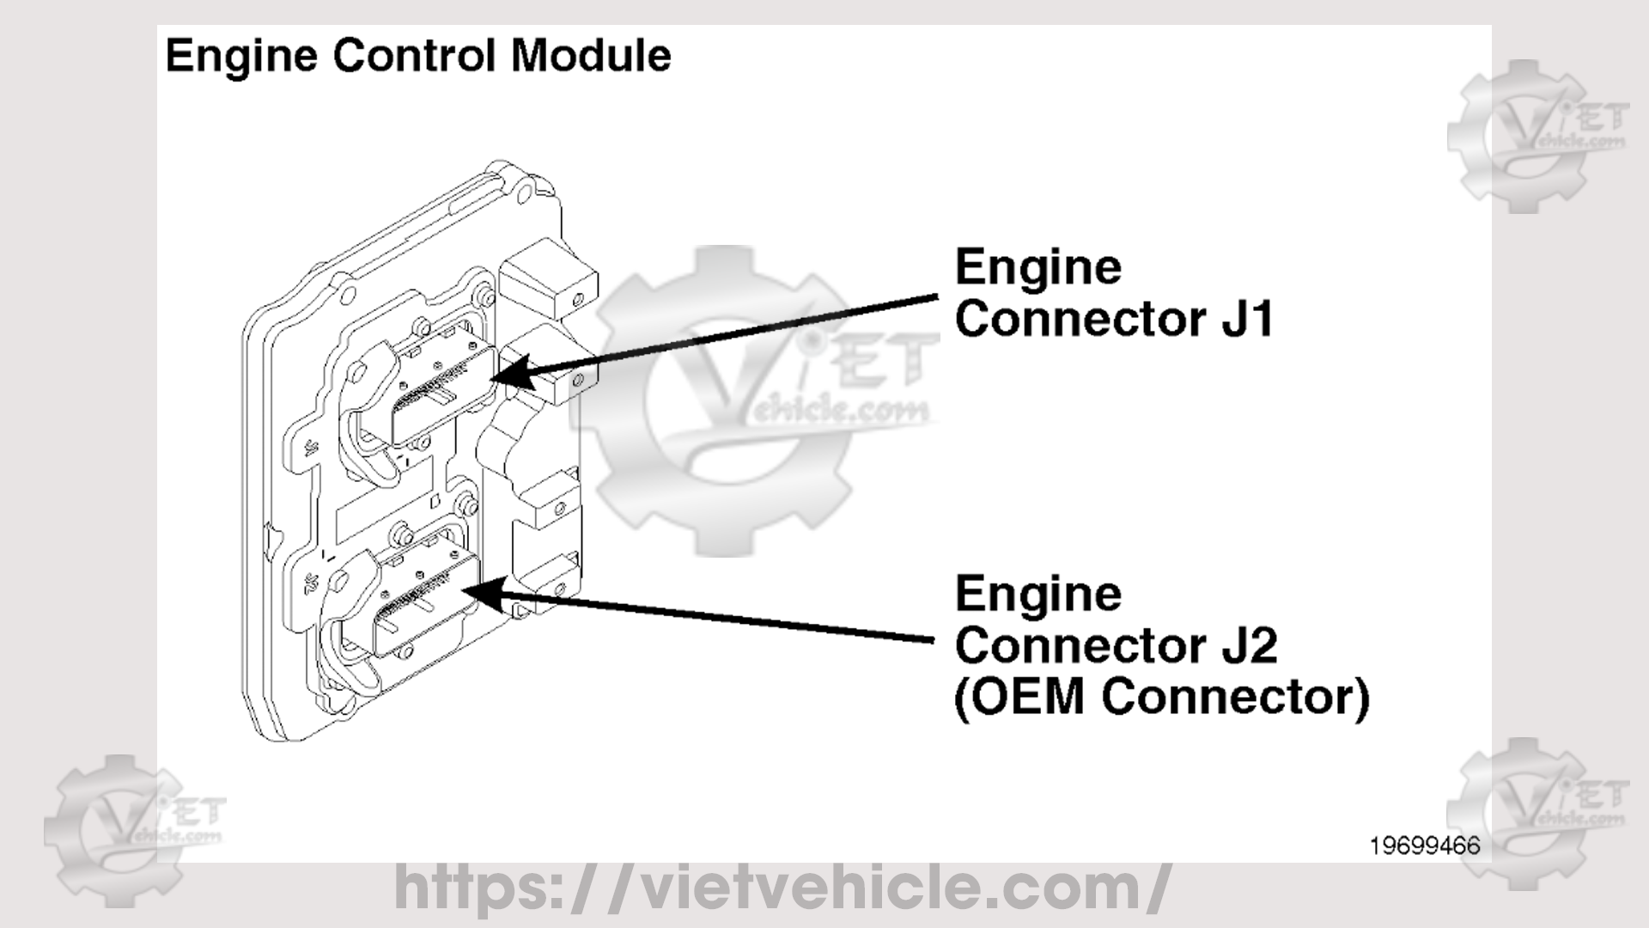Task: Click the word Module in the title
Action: (591, 56)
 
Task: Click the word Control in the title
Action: (414, 56)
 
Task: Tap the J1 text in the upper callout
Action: (1247, 319)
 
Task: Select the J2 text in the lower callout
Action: (1249, 645)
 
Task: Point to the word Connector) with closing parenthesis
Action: (1237, 697)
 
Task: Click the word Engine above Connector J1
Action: (1038, 268)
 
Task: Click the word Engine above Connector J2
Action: (1038, 595)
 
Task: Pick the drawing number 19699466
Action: (1425, 846)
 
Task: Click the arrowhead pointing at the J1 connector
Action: (510, 375)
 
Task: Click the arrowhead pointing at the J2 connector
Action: (481, 591)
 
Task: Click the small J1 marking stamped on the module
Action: (311, 446)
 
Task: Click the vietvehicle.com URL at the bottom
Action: (782, 887)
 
